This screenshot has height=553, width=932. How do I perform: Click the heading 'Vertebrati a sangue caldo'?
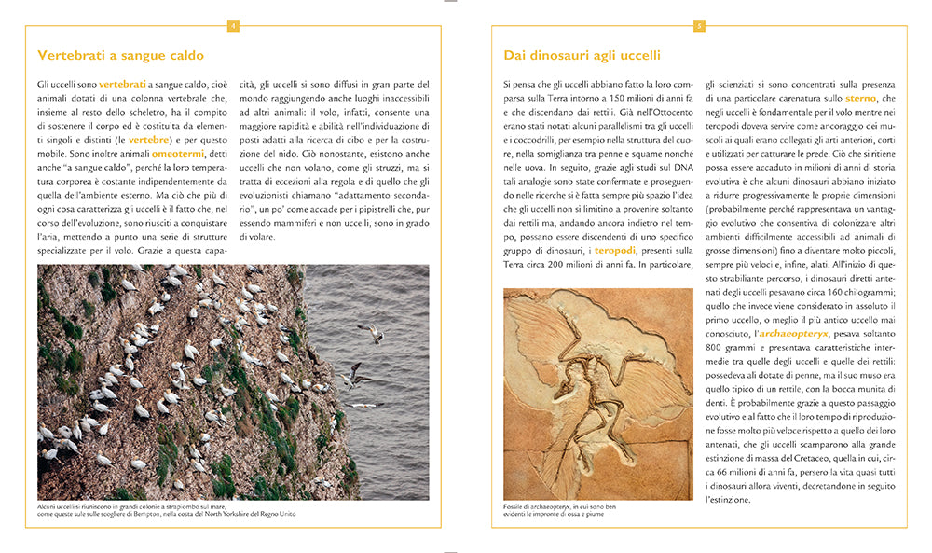[x=120, y=55]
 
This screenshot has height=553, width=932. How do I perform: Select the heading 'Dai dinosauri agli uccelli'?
[x=582, y=55]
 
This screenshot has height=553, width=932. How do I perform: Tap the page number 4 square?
[x=233, y=25]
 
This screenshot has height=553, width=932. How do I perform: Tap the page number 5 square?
[x=699, y=25]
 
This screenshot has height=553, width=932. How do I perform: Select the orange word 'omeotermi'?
[x=177, y=154]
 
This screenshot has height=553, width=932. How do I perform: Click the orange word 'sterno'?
[x=860, y=98]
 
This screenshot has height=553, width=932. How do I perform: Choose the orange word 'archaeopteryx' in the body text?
[x=791, y=333]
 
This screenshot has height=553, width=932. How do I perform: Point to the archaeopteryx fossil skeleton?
[x=596, y=392]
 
